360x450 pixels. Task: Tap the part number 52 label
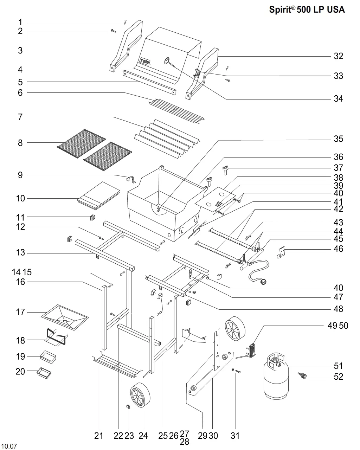[x=338, y=377]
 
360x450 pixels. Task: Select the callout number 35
[x=338, y=139]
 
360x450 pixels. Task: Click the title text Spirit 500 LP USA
[x=307, y=9]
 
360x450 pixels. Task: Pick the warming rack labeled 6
[x=176, y=110]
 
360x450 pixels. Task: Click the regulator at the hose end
[x=262, y=282]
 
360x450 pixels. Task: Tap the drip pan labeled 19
[x=48, y=356]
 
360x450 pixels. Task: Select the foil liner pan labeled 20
[x=44, y=373]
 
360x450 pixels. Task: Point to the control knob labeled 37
[x=225, y=171]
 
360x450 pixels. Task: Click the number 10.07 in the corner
[x=9, y=446]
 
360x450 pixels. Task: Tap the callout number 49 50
[x=338, y=326]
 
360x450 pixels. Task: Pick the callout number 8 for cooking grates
[x=20, y=143]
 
